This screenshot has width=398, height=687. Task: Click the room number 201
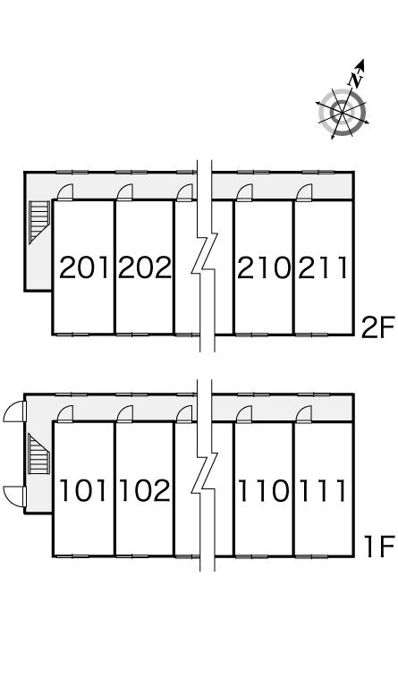84,267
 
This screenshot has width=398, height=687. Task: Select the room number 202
145,267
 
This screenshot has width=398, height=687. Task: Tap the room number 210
264,267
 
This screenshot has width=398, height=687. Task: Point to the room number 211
323,267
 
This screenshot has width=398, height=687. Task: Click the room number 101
84,490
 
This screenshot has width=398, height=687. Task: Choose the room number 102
145,490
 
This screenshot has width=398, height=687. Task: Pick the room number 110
264,490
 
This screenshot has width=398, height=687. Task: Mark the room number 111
323,490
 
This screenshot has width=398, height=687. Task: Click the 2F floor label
377,327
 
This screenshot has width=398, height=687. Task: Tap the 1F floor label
379,547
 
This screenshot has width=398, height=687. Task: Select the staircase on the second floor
39,222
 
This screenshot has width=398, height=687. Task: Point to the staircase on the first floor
39,453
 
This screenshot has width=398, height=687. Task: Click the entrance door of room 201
65,192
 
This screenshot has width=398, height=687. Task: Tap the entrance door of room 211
304,192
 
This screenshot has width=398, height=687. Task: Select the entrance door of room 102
125,414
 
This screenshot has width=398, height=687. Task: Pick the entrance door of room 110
244,414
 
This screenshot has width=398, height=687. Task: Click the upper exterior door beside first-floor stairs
15,411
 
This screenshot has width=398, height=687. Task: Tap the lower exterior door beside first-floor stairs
15,496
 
